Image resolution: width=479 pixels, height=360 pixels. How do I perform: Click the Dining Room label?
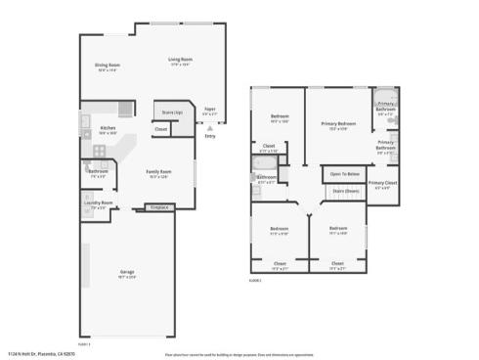click(107, 67)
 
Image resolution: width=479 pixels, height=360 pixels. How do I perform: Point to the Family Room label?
click(159, 173)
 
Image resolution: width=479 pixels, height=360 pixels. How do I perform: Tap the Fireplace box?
click(157, 207)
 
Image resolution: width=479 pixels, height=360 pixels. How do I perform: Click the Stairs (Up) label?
click(171, 112)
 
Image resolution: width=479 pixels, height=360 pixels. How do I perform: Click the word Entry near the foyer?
click(209, 136)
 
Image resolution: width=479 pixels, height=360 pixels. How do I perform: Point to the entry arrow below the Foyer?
click(209, 126)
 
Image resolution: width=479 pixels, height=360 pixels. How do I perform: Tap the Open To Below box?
click(343, 174)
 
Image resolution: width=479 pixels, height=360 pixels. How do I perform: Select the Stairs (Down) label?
click(344, 191)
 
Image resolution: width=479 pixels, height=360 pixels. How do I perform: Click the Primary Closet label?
click(382, 184)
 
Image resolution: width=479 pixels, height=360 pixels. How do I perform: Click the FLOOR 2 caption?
click(256, 280)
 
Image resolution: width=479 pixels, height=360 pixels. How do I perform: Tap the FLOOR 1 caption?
click(84, 343)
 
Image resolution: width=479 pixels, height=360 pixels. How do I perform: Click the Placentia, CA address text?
click(39, 353)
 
